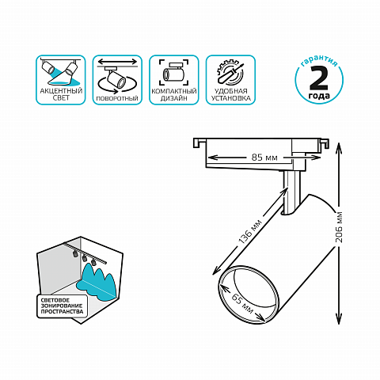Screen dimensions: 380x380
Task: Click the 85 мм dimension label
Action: (x=264, y=158)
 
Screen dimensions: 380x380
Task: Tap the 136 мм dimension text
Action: (x=250, y=232)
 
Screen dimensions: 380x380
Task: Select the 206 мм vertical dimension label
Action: (x=339, y=227)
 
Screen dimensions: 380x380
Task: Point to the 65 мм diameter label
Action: (x=242, y=303)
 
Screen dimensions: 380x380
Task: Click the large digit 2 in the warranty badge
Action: (x=319, y=78)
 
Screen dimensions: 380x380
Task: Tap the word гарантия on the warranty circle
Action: (x=319, y=61)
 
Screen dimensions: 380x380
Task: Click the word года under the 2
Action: (x=319, y=95)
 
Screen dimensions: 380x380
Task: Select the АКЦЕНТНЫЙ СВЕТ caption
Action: (x=61, y=94)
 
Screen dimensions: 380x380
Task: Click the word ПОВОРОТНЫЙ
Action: (x=117, y=99)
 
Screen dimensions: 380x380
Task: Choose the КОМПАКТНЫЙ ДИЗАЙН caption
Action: (x=174, y=95)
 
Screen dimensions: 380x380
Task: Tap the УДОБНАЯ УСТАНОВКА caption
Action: (x=230, y=95)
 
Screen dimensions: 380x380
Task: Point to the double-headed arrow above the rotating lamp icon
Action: (x=117, y=62)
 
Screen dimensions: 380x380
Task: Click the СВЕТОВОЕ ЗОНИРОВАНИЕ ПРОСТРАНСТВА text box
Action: (x=62, y=306)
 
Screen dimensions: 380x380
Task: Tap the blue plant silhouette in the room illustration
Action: (x=97, y=282)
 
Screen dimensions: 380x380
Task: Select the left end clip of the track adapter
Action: (x=199, y=142)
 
